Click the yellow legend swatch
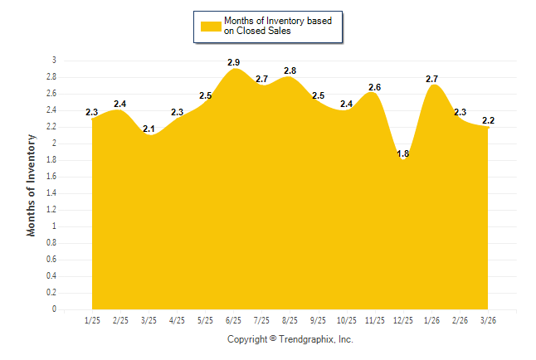point(211,26)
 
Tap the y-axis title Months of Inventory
point(32,186)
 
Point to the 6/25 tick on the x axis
point(233,319)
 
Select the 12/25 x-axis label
point(403,319)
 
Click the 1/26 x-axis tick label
point(431,319)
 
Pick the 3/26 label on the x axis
point(488,319)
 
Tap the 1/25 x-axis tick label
point(92,319)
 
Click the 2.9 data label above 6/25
point(234,62)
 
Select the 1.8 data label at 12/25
point(403,153)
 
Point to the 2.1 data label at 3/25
point(149,129)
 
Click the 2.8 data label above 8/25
point(290,71)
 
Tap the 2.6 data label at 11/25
point(375,87)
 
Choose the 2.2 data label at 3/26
point(488,120)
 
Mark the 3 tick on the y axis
point(54,61)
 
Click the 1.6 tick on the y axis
point(51,177)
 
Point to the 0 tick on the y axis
point(54,309)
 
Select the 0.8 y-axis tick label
point(51,243)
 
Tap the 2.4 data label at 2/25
point(120,104)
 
